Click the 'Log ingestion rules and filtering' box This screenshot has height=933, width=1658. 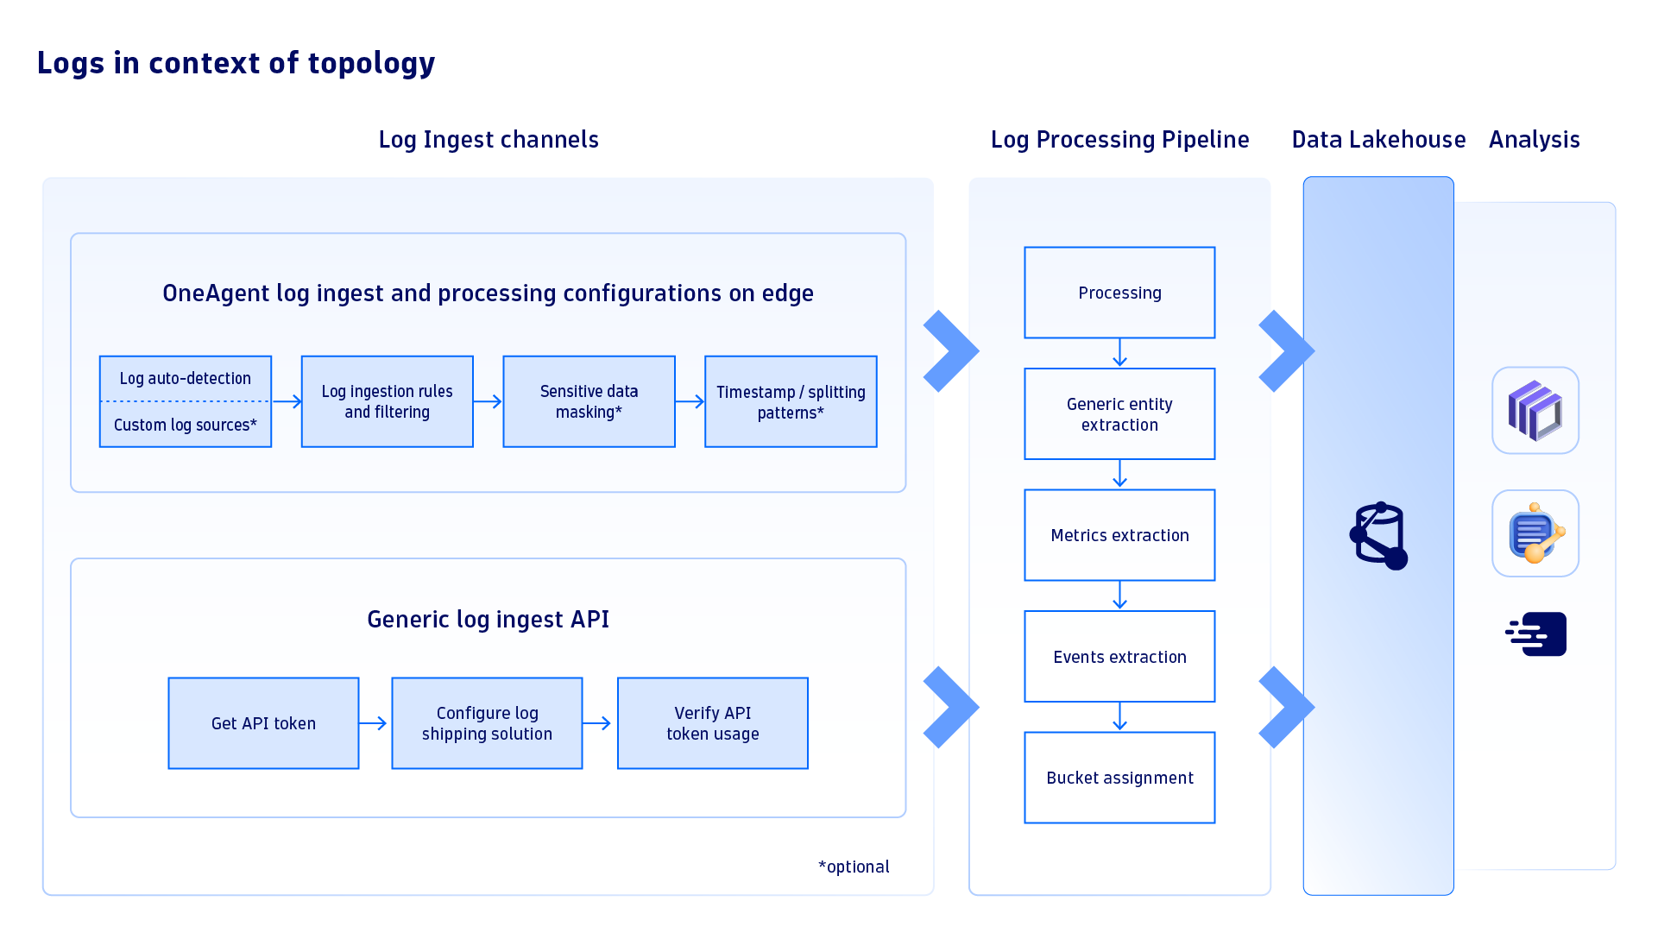[x=387, y=401]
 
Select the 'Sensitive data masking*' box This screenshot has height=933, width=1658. [x=589, y=401]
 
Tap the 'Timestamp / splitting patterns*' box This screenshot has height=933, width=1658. [x=791, y=401]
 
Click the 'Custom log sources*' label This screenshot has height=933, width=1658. [x=185, y=425]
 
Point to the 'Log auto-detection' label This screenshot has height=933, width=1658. [x=185, y=378]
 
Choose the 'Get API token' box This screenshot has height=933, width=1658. [x=263, y=723]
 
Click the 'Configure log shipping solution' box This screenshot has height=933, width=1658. [x=487, y=723]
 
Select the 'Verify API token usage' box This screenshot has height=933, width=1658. [x=712, y=723]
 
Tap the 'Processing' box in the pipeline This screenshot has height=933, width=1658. [x=1119, y=293]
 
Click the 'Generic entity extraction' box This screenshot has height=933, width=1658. [x=1119, y=414]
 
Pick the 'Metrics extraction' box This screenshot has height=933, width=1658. [x=1119, y=535]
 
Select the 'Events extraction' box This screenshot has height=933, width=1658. [x=1119, y=657]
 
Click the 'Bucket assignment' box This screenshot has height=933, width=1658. [x=1119, y=778]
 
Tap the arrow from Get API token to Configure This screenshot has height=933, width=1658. [x=373, y=723]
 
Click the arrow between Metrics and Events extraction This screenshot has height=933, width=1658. [x=1119, y=596]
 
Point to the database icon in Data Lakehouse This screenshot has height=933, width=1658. [x=1378, y=536]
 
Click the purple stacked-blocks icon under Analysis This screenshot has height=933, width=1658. [x=1535, y=411]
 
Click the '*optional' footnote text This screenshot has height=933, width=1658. [x=854, y=867]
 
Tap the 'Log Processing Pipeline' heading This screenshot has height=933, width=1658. [x=1119, y=140]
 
